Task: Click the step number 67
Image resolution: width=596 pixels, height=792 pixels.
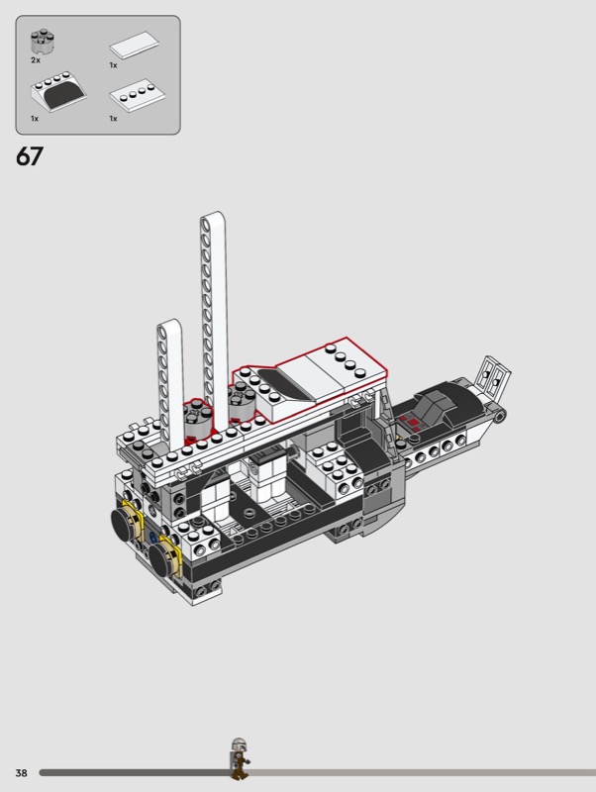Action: (x=30, y=156)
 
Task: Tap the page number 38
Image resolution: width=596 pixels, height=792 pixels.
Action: (x=21, y=773)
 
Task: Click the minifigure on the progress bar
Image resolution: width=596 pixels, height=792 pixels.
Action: (x=239, y=758)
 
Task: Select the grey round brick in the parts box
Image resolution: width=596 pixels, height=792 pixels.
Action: (x=43, y=42)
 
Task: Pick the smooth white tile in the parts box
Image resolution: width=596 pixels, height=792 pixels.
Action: (x=135, y=45)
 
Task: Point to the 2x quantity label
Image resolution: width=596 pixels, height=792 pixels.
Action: (x=36, y=60)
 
